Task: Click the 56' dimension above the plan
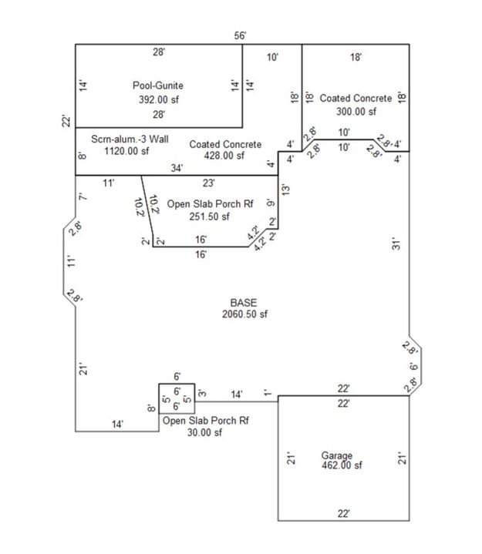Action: click(x=240, y=35)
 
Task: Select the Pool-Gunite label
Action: click(x=158, y=86)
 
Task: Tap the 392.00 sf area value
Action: click(x=158, y=99)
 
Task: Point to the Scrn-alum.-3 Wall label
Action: click(x=130, y=139)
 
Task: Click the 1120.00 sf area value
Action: click(x=126, y=151)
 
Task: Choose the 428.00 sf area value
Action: click(x=224, y=156)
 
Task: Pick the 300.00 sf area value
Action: click(x=356, y=112)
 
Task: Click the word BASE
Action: click(x=244, y=303)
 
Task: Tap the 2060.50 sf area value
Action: click(x=244, y=314)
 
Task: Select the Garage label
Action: click(x=337, y=455)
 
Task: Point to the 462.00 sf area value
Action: click(x=342, y=465)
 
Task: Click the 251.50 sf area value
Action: click(x=209, y=217)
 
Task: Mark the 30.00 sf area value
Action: click(x=204, y=432)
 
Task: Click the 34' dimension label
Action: click(x=177, y=168)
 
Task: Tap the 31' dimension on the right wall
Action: click(x=396, y=244)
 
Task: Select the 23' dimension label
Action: click(x=209, y=183)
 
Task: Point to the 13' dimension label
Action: click(x=286, y=190)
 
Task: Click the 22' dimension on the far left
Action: click(x=66, y=121)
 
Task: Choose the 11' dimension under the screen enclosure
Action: click(x=109, y=183)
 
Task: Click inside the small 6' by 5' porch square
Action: click(x=177, y=398)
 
